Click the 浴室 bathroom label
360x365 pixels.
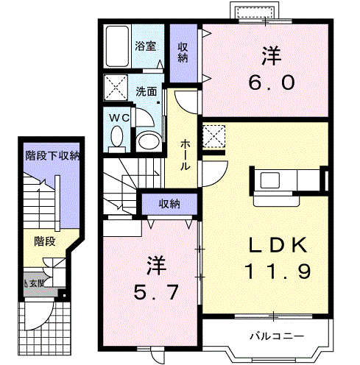[x=145, y=46]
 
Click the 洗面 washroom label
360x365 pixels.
[x=146, y=92]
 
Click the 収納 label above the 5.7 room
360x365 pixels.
[x=170, y=205]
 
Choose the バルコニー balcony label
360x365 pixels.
[x=271, y=336]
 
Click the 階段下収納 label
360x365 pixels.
[x=52, y=155]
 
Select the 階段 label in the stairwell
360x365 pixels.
[x=45, y=241]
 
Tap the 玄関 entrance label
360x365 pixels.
[x=35, y=282]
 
